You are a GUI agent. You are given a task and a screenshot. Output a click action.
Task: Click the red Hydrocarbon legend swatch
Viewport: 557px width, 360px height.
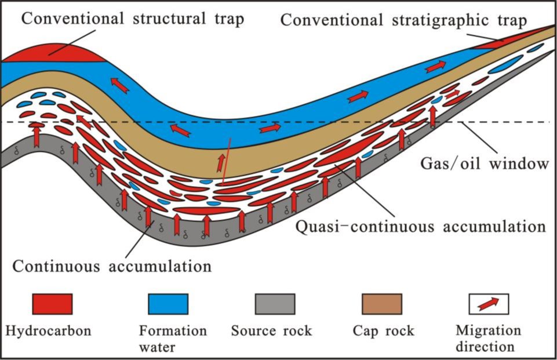(x=53, y=304)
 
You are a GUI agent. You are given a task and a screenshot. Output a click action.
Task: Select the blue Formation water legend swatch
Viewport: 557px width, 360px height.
(x=168, y=304)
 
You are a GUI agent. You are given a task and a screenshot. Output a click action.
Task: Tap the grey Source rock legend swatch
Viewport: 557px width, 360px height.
(x=275, y=304)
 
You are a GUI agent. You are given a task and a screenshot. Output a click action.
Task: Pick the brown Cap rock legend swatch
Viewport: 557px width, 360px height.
(x=382, y=304)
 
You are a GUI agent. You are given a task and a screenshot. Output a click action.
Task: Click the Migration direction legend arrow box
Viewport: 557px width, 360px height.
(x=489, y=304)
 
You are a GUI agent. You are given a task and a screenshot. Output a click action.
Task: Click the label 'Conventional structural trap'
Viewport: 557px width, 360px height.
(x=133, y=19)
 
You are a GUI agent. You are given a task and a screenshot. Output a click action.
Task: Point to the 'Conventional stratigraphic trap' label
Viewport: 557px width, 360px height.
(x=403, y=20)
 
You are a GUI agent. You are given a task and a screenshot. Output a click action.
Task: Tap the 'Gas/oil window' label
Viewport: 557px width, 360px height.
(x=485, y=164)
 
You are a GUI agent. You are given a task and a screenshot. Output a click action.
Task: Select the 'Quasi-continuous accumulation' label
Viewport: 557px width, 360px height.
(x=421, y=227)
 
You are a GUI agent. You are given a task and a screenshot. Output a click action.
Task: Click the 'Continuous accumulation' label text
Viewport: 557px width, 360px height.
(x=112, y=266)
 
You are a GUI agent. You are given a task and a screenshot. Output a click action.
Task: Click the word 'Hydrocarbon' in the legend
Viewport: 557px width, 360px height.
(x=48, y=331)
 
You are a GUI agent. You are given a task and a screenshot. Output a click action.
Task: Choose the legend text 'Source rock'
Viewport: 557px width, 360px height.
(x=271, y=331)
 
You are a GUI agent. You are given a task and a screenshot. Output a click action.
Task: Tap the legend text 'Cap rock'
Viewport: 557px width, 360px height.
(x=383, y=331)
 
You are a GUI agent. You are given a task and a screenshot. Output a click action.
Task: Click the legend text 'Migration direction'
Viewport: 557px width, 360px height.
(x=488, y=339)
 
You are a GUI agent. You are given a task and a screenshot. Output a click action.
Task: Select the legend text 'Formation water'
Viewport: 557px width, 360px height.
(x=173, y=339)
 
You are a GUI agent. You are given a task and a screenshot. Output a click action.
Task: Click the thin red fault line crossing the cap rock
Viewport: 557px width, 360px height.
(x=226, y=161)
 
